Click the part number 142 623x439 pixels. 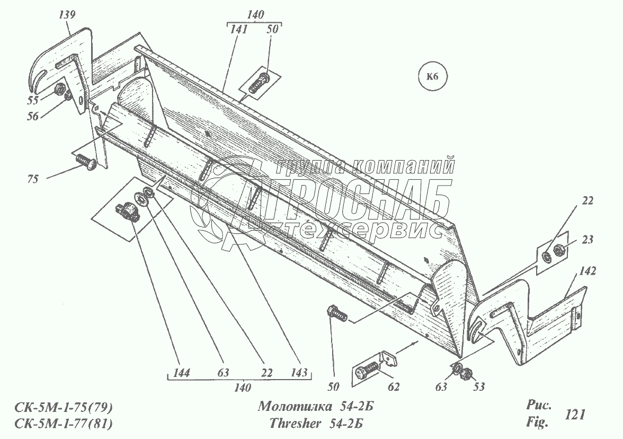(x=588, y=271)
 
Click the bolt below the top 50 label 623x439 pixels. (x=259, y=83)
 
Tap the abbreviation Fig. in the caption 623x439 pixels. (x=536, y=423)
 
